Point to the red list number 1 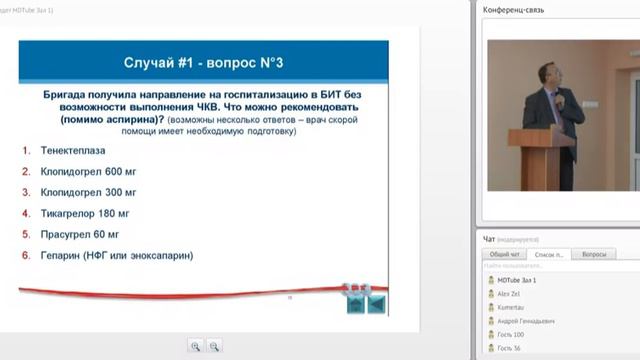[25, 149]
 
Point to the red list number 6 [25, 256]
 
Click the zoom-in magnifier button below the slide [196, 346]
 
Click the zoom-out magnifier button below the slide [215, 346]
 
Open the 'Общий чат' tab [504, 255]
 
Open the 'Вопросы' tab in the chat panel [593, 255]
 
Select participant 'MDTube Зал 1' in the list [518, 281]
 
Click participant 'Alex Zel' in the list [511, 294]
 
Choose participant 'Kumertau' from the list [513, 307]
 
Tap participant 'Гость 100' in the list [512, 334]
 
